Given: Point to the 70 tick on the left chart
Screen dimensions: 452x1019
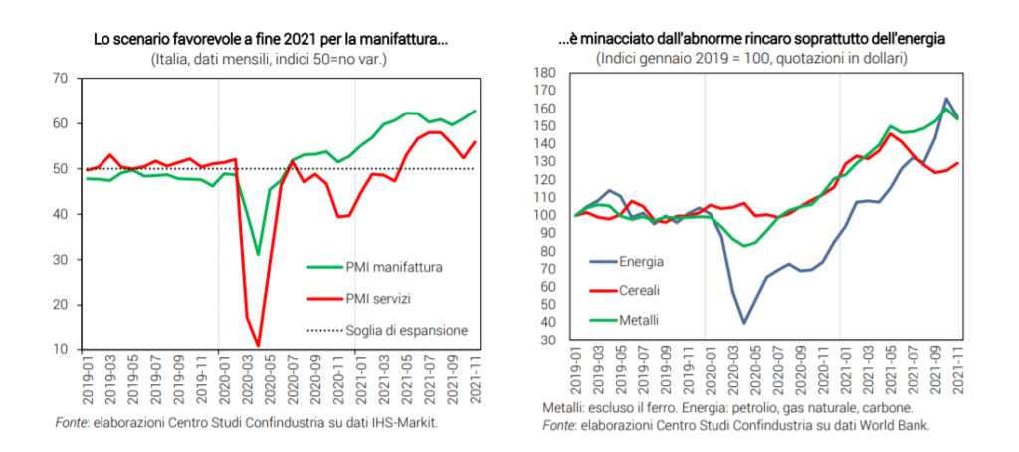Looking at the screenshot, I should (60, 78).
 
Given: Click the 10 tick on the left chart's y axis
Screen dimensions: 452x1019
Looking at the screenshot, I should (60, 349).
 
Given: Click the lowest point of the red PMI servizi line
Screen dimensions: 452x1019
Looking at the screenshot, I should (259, 347).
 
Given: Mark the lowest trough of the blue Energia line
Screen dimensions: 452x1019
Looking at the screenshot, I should (743, 323).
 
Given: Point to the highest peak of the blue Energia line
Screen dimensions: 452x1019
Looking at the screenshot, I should (946, 99).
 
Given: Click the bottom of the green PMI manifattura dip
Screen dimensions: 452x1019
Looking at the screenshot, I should (258, 255).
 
